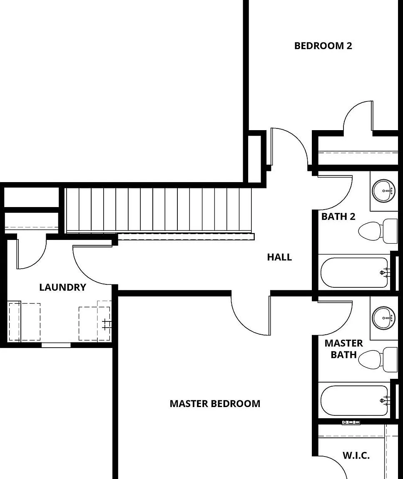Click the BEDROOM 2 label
click(x=323, y=46)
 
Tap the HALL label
click(x=279, y=257)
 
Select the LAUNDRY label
click(x=63, y=287)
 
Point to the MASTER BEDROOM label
click(x=215, y=404)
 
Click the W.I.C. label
click(x=356, y=455)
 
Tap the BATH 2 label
click(x=338, y=217)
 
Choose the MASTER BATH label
click(x=344, y=349)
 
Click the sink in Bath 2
click(x=383, y=190)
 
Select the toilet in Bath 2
click(x=378, y=231)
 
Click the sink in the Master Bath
click(x=383, y=318)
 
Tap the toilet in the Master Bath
click(x=378, y=359)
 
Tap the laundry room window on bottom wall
click(x=56, y=345)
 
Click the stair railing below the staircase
click(x=186, y=237)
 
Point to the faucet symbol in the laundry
click(x=107, y=324)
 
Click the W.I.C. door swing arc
click(x=339, y=467)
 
